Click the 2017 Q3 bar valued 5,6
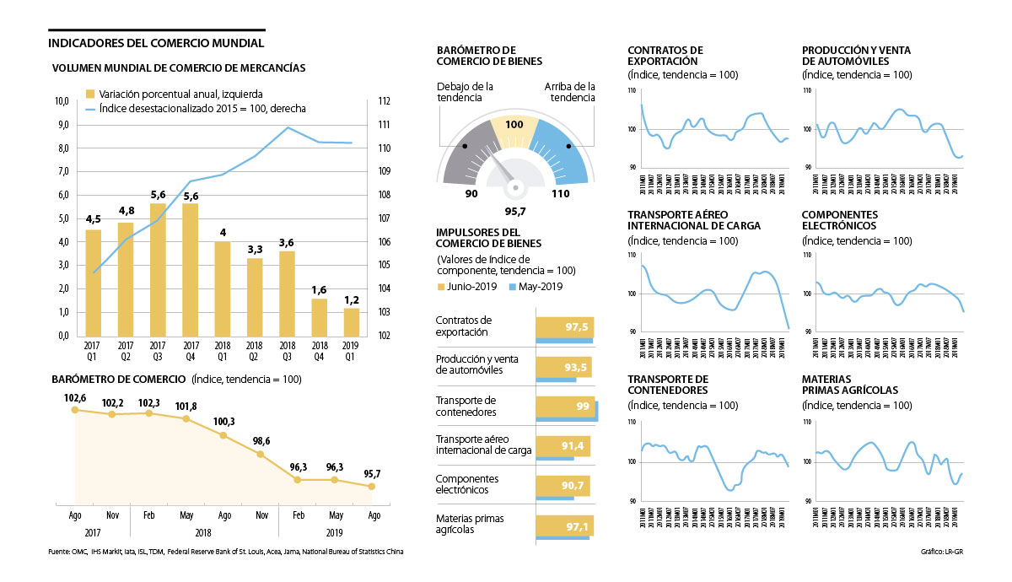(x=159, y=270)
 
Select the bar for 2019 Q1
(x=352, y=321)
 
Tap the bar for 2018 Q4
(x=320, y=316)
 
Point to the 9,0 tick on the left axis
(x=61, y=125)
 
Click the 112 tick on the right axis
(x=384, y=101)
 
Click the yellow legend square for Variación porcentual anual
(x=90, y=94)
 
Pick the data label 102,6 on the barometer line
(x=75, y=398)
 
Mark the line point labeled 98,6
(x=261, y=455)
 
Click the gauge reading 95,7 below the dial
(x=516, y=210)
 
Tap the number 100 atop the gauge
(x=514, y=125)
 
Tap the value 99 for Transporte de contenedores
(x=582, y=406)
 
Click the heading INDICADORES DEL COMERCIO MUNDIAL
(x=157, y=43)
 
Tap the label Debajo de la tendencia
(x=465, y=92)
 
